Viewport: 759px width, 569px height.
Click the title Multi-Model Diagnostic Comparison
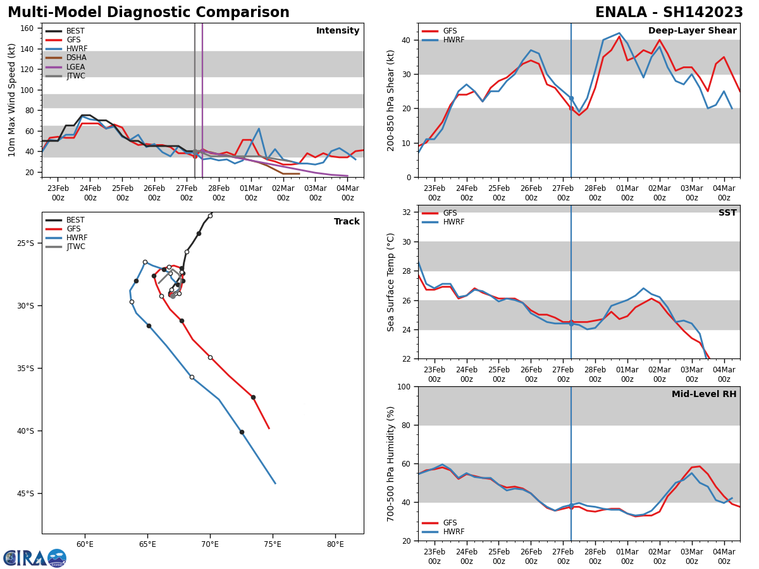[x=149, y=13]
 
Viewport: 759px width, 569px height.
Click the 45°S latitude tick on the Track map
[x=26, y=494]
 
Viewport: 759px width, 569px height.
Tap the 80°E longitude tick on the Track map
[x=335, y=544]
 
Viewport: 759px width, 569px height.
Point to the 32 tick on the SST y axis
[x=407, y=212]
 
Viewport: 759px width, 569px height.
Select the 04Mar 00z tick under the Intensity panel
[x=347, y=193]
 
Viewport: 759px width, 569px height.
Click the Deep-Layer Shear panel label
[x=692, y=31]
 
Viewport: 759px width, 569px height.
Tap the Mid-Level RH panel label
[x=704, y=395]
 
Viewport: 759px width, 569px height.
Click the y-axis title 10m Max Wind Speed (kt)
[x=12, y=100]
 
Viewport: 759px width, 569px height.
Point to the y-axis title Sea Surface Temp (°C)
[x=391, y=282]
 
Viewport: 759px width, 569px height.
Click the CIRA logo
[x=35, y=558]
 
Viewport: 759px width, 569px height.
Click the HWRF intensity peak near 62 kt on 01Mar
[x=259, y=129]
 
